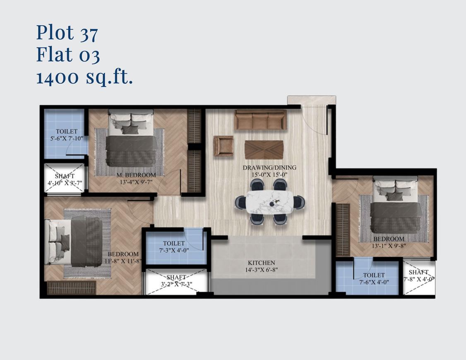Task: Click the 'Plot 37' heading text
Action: point(67,33)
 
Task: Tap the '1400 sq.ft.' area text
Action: point(84,77)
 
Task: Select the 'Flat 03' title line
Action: point(68,55)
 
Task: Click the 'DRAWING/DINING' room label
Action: point(269,168)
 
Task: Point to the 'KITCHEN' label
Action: point(262,263)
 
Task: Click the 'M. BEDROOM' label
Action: point(136,175)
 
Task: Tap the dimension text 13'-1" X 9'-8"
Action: point(389,246)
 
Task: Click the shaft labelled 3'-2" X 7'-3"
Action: point(176,281)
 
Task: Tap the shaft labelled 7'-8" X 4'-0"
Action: point(418,276)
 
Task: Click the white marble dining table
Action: point(270,202)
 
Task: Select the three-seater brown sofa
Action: point(260,120)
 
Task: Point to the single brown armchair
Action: point(223,146)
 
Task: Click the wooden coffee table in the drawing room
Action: point(264,149)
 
